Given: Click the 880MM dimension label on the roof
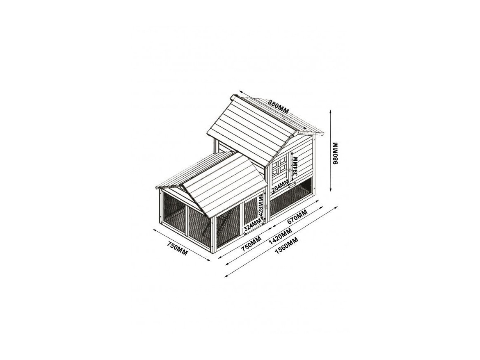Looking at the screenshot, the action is [x=279, y=107].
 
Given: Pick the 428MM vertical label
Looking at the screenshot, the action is [x=261, y=207].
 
